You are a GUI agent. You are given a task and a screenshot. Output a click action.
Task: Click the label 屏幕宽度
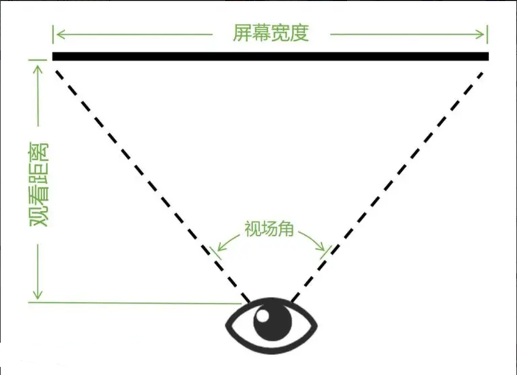(271, 34)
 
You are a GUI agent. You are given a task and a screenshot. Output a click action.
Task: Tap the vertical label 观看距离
(39, 185)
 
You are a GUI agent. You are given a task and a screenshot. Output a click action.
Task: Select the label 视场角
(269, 229)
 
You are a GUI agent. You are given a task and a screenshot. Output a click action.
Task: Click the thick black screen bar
(270, 56)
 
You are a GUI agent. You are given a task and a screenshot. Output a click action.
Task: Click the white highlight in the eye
(263, 316)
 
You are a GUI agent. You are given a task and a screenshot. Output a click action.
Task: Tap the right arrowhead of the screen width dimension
(480, 34)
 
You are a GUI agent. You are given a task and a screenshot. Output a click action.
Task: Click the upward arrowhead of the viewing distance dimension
(38, 69)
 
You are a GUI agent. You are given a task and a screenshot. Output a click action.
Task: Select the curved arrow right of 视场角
(312, 240)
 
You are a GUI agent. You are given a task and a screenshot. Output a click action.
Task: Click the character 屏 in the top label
(242, 34)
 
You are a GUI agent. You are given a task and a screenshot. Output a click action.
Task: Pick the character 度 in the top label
(300, 34)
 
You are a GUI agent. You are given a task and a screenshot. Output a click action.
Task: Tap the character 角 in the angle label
(286, 229)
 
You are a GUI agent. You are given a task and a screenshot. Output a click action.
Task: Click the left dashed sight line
(153, 186)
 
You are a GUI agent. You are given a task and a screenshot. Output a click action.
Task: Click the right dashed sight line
(387, 187)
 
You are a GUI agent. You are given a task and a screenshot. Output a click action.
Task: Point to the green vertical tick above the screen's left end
(53, 34)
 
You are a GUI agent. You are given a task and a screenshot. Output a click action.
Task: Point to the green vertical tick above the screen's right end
(487, 34)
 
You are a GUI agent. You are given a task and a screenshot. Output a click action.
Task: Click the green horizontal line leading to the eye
(135, 303)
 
